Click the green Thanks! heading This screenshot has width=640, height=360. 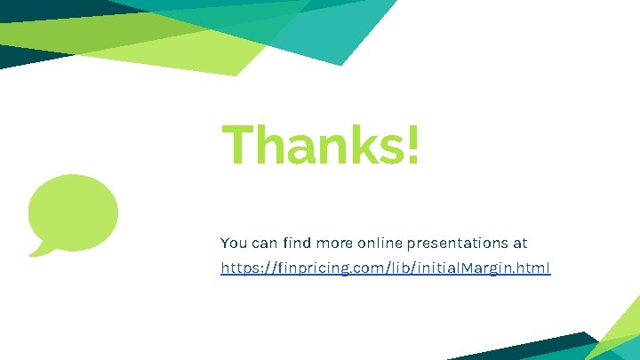[320, 145]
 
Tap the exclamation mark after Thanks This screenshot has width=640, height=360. [411, 145]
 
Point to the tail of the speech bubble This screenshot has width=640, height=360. [38, 248]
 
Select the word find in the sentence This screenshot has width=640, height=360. [293, 243]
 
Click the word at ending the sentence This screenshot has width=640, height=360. [520, 243]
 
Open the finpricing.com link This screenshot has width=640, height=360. [386, 268]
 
